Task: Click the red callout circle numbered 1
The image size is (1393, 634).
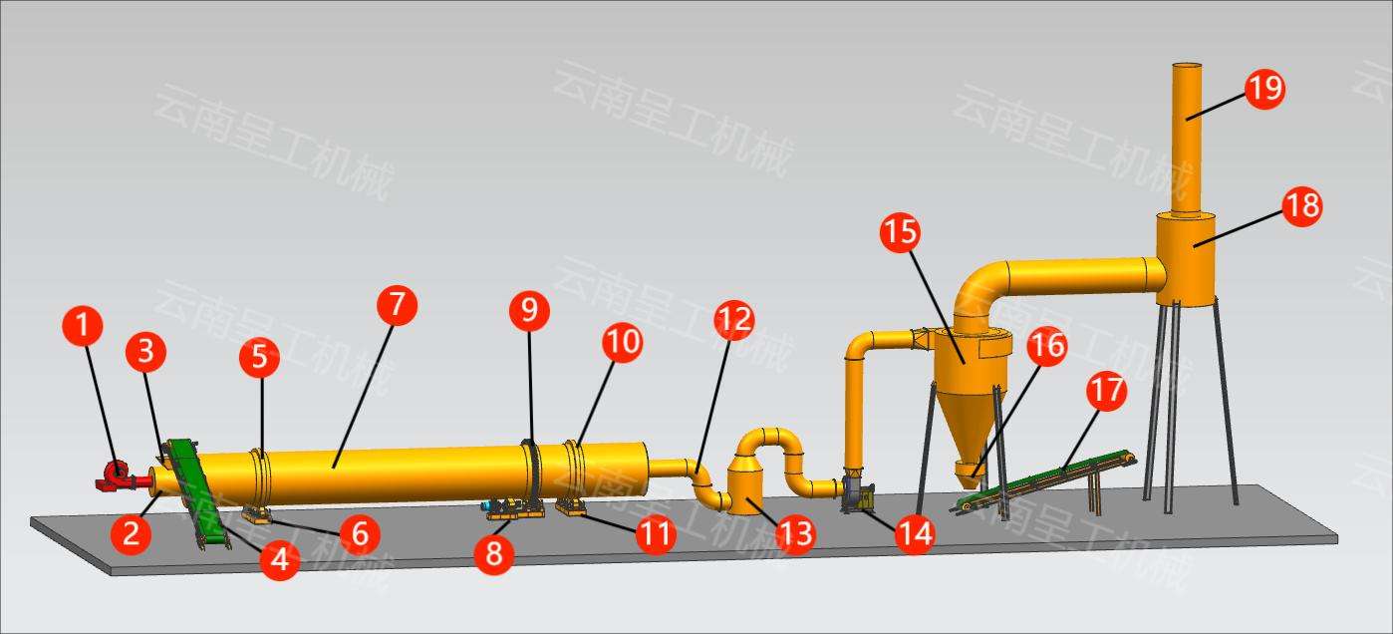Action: [84, 326]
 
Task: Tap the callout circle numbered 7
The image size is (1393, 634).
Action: [397, 305]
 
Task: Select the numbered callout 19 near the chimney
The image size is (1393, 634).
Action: [1264, 89]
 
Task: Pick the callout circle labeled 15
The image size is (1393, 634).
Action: [901, 231]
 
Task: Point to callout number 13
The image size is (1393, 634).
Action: [794, 534]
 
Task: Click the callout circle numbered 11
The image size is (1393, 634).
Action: [656, 534]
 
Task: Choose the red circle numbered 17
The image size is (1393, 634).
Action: [1106, 391]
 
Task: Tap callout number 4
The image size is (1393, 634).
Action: [280, 559]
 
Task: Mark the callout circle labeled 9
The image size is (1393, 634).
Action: [529, 311]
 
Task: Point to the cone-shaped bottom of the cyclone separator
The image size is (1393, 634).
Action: [964, 420]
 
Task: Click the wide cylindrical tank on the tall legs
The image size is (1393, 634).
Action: [1186, 256]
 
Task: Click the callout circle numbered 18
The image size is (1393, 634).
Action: [1301, 206]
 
